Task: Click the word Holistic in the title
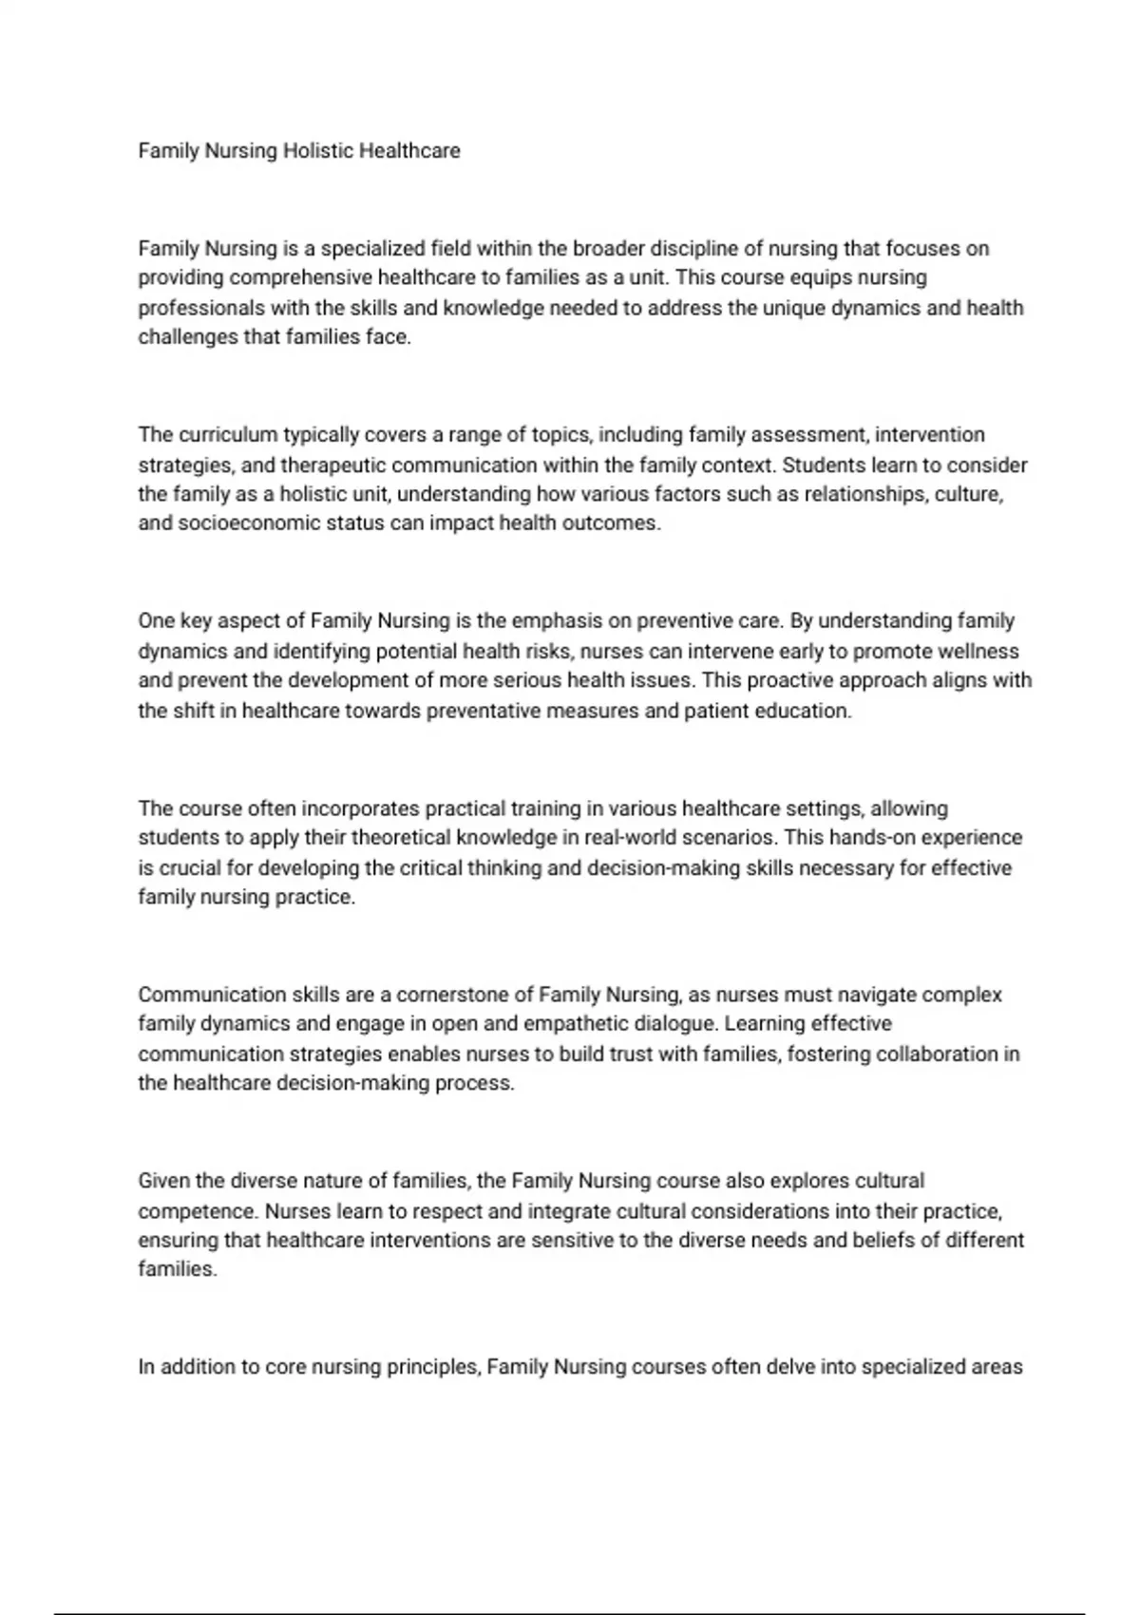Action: [x=318, y=151]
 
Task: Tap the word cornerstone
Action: [x=453, y=996]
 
